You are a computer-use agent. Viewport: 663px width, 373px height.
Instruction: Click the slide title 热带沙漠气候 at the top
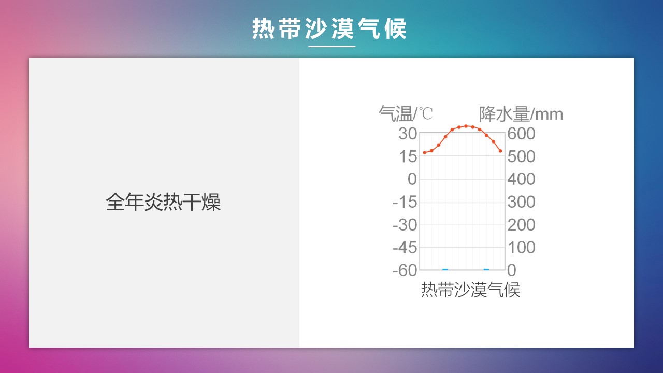click(329, 28)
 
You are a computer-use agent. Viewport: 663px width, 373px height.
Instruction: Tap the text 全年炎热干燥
click(163, 202)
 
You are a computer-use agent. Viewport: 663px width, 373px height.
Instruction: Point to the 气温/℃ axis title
click(406, 113)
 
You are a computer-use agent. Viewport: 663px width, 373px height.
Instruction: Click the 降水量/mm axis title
click(521, 114)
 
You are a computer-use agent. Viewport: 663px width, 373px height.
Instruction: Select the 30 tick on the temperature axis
click(408, 134)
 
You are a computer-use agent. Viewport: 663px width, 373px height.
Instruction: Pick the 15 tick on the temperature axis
click(408, 156)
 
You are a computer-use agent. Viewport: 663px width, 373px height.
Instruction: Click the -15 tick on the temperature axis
click(405, 202)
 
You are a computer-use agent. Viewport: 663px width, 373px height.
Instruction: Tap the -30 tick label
click(405, 225)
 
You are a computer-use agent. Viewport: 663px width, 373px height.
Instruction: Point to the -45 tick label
click(405, 247)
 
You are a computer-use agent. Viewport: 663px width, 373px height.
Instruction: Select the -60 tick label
click(405, 270)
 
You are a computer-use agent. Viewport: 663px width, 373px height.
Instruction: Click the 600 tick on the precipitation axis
click(521, 134)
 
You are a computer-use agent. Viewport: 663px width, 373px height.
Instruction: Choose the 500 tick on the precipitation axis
click(521, 156)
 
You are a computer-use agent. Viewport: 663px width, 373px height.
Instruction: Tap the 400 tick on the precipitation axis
click(521, 179)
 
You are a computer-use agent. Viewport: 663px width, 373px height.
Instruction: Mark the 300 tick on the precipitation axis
click(521, 202)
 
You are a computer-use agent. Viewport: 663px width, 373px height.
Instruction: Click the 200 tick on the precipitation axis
click(521, 225)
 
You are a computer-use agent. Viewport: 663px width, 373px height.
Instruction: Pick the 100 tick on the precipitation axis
click(522, 247)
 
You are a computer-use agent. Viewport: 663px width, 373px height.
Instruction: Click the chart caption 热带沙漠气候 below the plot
click(471, 290)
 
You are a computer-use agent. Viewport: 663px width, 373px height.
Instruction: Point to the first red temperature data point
click(425, 153)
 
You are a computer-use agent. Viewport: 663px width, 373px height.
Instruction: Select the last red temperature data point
click(500, 151)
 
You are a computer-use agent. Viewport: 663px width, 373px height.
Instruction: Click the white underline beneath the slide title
click(332, 46)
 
